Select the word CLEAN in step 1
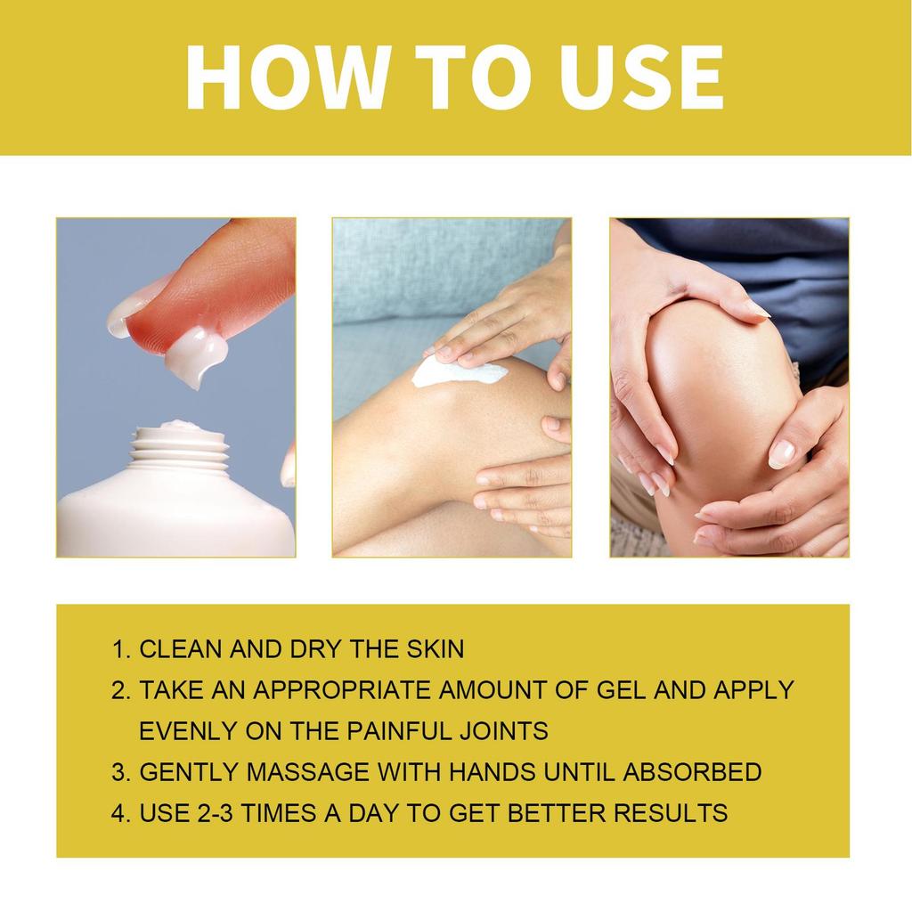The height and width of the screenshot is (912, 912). (182, 648)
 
